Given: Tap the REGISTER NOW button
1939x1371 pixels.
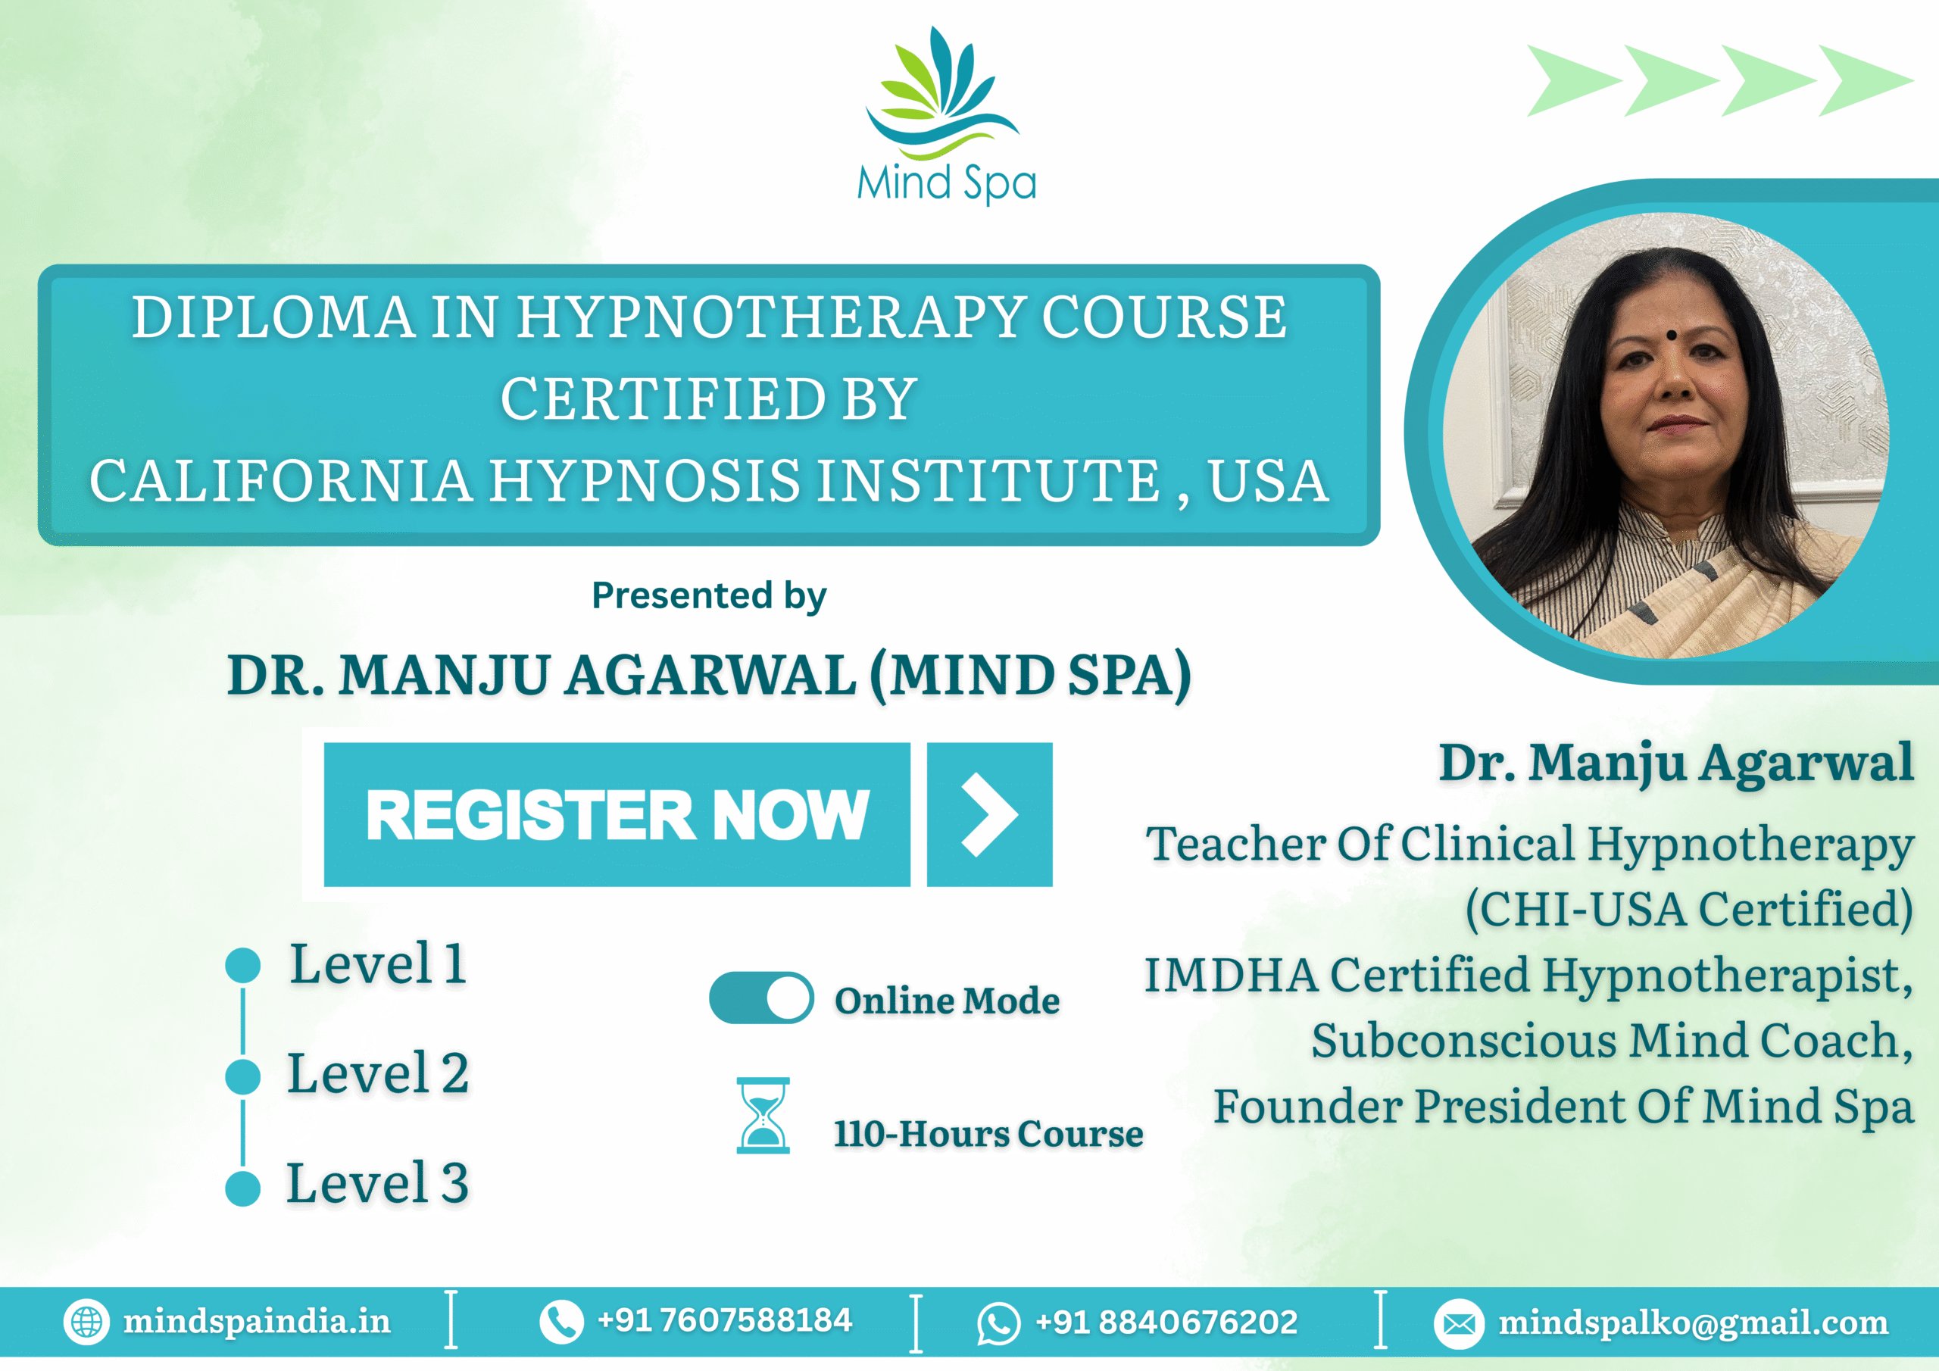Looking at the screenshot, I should coord(617,814).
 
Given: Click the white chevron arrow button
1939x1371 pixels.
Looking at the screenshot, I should coord(989,814).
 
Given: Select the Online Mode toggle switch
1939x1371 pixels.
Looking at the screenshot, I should coord(761,998).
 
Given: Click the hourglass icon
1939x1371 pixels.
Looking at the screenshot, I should coord(763,1115).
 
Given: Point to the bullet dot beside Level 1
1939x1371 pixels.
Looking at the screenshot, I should coord(243,966).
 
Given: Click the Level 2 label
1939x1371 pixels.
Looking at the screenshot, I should coord(377,1073).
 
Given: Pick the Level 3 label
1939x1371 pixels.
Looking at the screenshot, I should coord(377,1183).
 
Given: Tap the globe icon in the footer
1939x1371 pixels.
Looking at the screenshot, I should coord(86,1322).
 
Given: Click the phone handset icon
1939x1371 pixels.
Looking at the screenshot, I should coord(560,1322).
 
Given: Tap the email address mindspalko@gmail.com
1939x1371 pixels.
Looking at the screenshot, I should coord(1694,1322).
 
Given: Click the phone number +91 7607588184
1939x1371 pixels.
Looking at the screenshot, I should coord(725,1320).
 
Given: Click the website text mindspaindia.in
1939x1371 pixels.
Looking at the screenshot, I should coord(257,1321).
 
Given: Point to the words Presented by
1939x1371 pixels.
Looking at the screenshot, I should coord(708,595).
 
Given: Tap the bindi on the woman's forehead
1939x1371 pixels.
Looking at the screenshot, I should coord(1670,336).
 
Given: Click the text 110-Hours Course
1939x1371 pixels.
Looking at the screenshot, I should coord(988,1134).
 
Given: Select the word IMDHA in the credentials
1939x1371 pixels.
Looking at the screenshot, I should coord(1231,975).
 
